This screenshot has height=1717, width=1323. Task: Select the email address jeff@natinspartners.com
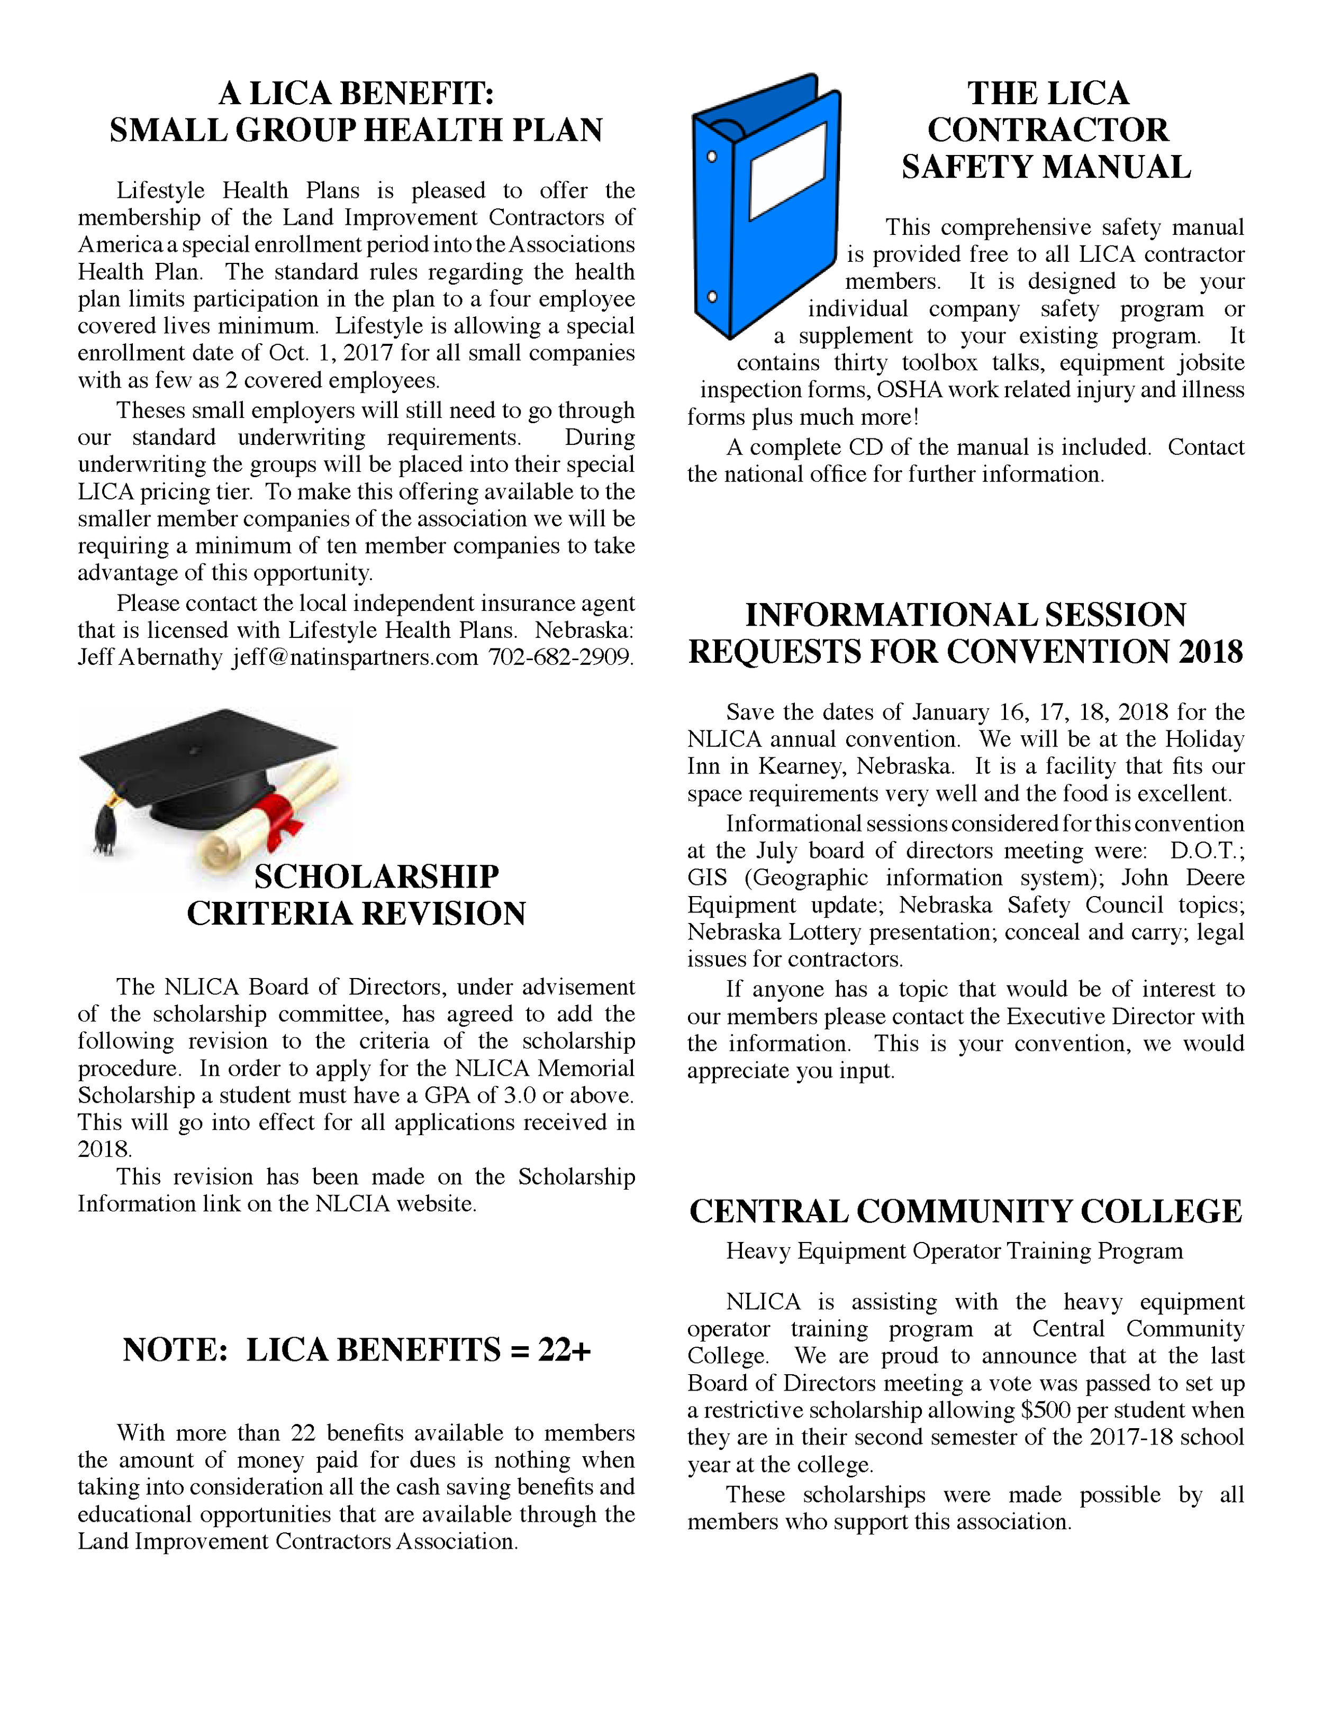[x=355, y=657]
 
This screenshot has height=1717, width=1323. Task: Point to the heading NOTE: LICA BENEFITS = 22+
[x=356, y=1350]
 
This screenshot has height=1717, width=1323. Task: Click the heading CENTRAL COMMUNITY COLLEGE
[x=965, y=1211]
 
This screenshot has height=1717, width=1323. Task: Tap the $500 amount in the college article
[x=1045, y=1410]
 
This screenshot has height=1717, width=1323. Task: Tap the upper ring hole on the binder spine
[x=712, y=157]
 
